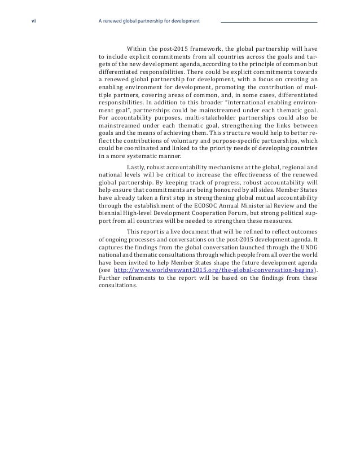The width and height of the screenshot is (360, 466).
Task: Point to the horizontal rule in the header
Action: [x=269, y=22]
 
